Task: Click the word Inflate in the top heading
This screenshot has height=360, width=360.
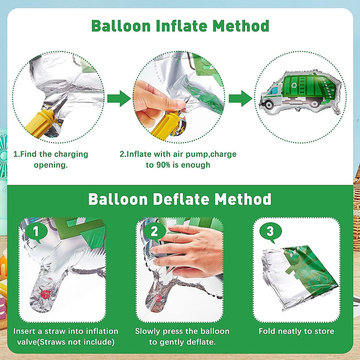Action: (182, 26)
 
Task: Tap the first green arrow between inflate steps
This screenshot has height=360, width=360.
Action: (119, 98)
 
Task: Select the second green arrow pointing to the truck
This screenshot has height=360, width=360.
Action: (240, 98)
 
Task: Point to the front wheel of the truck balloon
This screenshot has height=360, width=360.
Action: (269, 104)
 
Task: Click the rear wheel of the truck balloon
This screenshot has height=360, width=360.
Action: (314, 103)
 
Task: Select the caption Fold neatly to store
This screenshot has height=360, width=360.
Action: (296, 331)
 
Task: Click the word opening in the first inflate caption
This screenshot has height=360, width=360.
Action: (51, 165)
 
